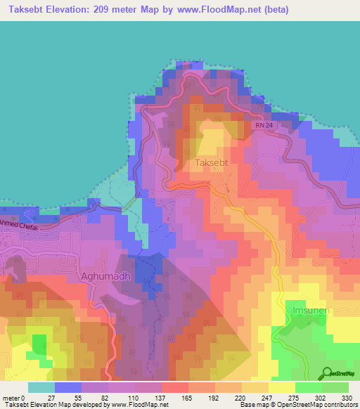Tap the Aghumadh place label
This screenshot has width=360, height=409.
tap(105, 276)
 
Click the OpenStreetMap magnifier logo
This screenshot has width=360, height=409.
tap(326, 373)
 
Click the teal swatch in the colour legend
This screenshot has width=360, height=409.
tap(41, 387)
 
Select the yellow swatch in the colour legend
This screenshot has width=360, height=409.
tap(281, 387)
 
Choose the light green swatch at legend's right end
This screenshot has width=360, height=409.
tap(335, 387)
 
